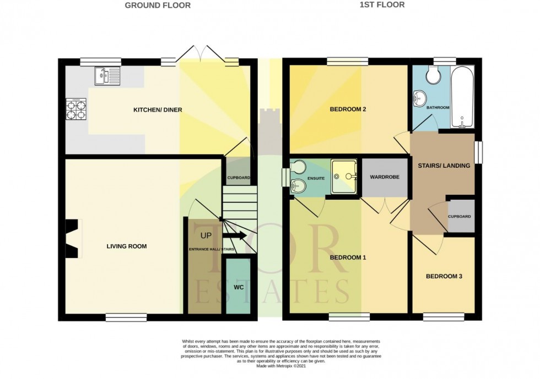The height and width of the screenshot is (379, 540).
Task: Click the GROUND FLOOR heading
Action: pyautogui.click(x=158, y=6)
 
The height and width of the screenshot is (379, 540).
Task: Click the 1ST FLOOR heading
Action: pyautogui.click(x=382, y=5)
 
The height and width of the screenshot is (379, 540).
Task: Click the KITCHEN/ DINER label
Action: pyautogui.click(x=158, y=110)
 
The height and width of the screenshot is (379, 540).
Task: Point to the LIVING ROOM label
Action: pyautogui.click(x=127, y=246)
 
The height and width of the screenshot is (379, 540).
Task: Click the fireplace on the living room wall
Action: pyautogui.click(x=73, y=238)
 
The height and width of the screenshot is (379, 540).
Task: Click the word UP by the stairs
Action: pyautogui.click(x=205, y=235)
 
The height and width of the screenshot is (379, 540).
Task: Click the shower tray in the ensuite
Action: pyautogui.click(x=344, y=177)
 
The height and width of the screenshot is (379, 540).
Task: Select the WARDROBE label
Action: pyautogui.click(x=384, y=177)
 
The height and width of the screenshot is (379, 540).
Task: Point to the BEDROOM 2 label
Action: pyautogui.click(x=348, y=109)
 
